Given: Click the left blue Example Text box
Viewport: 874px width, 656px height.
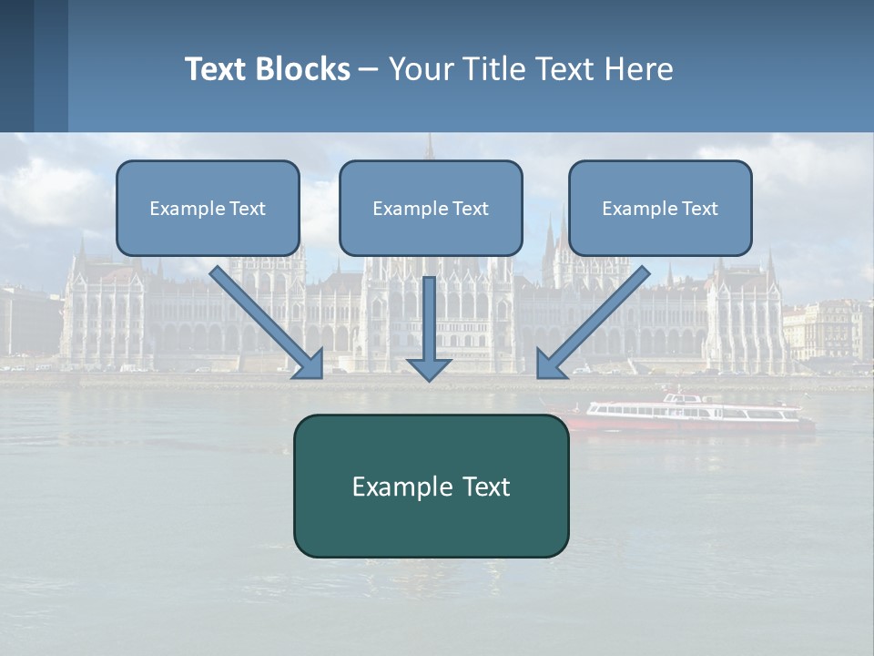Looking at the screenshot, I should pyautogui.click(x=208, y=209).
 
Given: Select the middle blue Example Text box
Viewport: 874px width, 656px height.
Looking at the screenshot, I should pyautogui.click(x=431, y=209).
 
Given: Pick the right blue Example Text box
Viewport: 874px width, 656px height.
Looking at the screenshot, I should pyautogui.click(x=660, y=209).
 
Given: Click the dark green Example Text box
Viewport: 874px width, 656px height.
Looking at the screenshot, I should pyautogui.click(x=431, y=486).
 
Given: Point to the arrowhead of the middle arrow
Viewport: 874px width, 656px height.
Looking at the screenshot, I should pyautogui.click(x=428, y=367).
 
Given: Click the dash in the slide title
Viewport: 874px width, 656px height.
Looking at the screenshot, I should pyautogui.click(x=369, y=69).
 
